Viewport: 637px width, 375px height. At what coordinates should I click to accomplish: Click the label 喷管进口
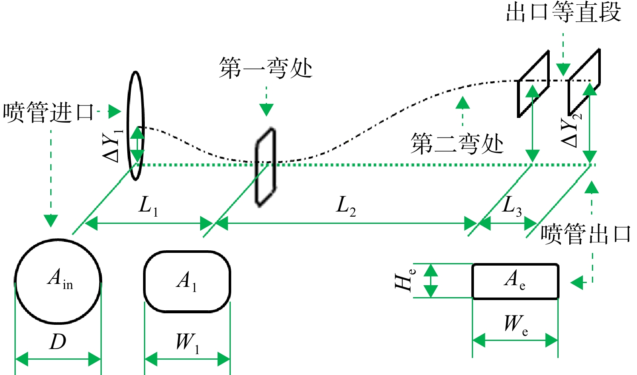click(x=49, y=112)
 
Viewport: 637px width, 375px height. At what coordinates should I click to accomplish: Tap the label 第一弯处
click(x=266, y=68)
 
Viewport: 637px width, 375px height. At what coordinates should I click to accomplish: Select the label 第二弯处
click(x=457, y=143)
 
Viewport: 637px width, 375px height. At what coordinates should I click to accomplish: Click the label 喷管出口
click(x=586, y=234)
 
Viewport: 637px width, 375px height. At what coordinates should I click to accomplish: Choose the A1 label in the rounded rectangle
click(x=187, y=281)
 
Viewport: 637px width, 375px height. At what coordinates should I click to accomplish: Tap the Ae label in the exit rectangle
click(x=515, y=280)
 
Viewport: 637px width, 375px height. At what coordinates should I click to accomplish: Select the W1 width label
click(x=188, y=343)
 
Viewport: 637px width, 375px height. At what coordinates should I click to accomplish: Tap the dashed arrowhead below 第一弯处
click(x=267, y=110)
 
